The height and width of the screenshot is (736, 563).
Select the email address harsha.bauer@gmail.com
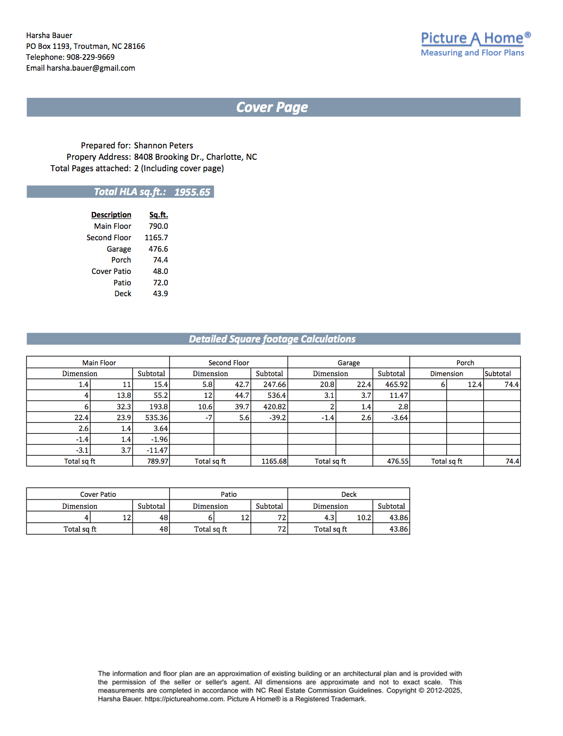pos(91,68)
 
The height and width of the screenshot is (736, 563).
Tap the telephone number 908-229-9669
pos(90,57)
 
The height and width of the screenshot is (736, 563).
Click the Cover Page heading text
pos(272,107)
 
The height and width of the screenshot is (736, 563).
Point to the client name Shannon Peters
pos(163,146)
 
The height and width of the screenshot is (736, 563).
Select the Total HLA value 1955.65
pos(192,192)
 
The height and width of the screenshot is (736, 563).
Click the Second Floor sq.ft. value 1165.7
pos(156,238)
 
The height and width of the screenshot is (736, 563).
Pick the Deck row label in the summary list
pos(123,294)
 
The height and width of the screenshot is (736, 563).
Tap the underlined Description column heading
pos(111,215)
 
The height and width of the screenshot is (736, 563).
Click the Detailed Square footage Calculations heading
pos(272,339)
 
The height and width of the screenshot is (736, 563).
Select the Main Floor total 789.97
pos(157,461)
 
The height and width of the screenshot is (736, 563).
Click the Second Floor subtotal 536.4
pos(276,395)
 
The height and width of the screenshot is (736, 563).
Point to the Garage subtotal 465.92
pos(396,384)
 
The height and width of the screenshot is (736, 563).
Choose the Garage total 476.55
pos(397,461)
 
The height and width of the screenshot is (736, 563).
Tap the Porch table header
pos(465,363)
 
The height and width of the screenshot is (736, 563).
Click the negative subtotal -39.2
pos(277,417)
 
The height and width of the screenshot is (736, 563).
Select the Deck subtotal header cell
pos(391,506)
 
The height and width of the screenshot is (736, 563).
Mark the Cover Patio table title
pos(98,494)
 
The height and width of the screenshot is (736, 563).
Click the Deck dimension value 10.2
pos(364,517)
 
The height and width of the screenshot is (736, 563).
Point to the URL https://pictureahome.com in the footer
pos(184,699)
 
